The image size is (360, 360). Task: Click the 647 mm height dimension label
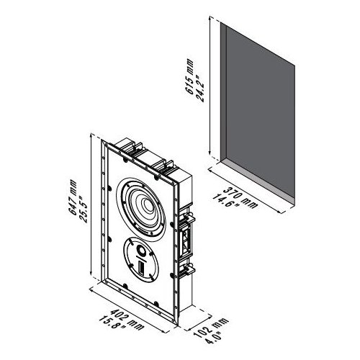tap(73, 197)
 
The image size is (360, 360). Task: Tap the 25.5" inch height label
tap(84, 210)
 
